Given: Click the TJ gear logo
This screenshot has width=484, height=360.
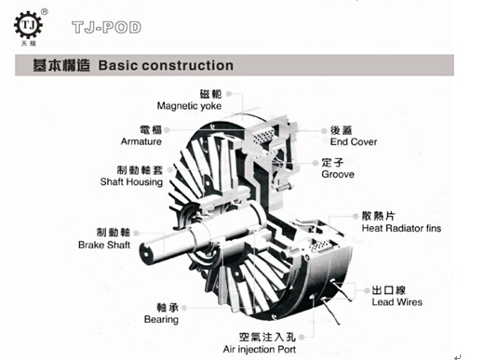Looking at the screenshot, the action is (x=28, y=25).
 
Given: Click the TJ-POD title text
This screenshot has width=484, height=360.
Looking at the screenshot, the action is (x=106, y=27).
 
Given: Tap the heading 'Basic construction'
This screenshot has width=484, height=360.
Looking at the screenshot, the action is (x=166, y=65).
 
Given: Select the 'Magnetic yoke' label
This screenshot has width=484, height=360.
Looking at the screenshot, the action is (x=189, y=106).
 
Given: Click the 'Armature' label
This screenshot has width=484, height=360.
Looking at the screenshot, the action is (x=141, y=141).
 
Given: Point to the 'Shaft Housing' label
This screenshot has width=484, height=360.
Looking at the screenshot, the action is (x=131, y=181).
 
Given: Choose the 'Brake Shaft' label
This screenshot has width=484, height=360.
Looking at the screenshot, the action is (x=104, y=245).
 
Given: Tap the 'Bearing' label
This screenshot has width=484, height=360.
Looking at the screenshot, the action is (x=161, y=319).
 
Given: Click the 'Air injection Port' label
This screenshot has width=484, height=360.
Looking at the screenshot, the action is (x=260, y=349).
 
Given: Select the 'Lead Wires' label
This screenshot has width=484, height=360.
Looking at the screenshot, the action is (x=397, y=302).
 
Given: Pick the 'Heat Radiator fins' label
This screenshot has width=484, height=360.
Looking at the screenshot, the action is (x=401, y=228).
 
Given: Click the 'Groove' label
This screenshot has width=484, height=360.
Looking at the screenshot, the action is (x=338, y=174).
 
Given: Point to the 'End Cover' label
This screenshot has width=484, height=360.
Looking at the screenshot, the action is (x=354, y=141).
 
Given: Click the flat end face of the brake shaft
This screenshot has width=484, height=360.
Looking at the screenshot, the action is (x=147, y=254).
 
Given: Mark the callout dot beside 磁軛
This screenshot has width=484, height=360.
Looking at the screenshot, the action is (x=229, y=94).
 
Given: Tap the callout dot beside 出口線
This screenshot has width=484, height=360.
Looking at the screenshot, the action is (x=367, y=290).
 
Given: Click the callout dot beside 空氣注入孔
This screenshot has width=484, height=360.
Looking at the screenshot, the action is (x=302, y=338).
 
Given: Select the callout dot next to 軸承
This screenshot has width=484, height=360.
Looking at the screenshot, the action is (x=183, y=308).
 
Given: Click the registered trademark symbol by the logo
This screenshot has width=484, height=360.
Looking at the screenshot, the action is (x=45, y=12).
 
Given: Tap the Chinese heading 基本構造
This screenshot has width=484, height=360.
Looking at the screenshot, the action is (x=61, y=65).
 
